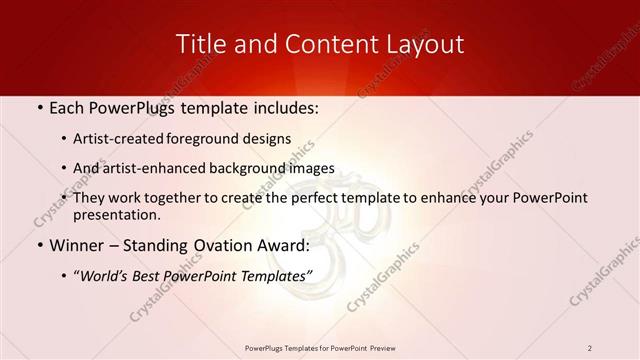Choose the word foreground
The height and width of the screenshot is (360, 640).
pos(213,139)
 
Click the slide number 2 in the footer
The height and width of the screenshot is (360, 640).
pos(590,348)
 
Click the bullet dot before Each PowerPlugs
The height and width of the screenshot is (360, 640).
pos(38,108)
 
